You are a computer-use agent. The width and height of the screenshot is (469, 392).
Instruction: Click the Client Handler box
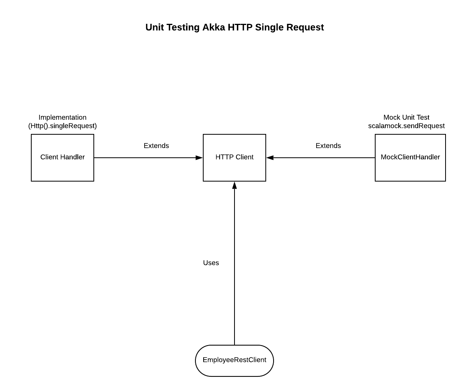[x=63, y=157]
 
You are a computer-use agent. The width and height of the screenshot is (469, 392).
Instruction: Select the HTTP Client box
[x=234, y=157]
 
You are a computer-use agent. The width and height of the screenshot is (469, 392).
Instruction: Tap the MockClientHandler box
[x=410, y=157]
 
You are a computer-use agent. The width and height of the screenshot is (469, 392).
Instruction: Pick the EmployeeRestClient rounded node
[x=234, y=360]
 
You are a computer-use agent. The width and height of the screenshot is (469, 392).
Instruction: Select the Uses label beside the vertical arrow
[x=211, y=263]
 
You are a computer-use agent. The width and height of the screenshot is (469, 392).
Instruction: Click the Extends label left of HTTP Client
[x=156, y=146]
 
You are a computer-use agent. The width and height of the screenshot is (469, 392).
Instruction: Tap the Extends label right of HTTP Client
[x=328, y=146]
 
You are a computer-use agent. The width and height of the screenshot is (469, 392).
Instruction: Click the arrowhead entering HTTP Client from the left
[x=199, y=158]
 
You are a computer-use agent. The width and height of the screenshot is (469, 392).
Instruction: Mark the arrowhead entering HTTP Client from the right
[x=270, y=158]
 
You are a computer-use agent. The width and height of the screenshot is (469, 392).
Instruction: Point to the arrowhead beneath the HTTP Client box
[x=234, y=185]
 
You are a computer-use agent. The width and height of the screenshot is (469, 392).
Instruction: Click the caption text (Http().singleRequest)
[x=63, y=126]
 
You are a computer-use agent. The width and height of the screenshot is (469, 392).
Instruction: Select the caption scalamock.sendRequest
[x=406, y=126]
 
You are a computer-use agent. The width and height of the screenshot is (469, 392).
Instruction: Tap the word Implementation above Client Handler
[x=63, y=118]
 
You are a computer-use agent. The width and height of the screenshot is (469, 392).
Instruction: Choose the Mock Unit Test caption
[x=406, y=118]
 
